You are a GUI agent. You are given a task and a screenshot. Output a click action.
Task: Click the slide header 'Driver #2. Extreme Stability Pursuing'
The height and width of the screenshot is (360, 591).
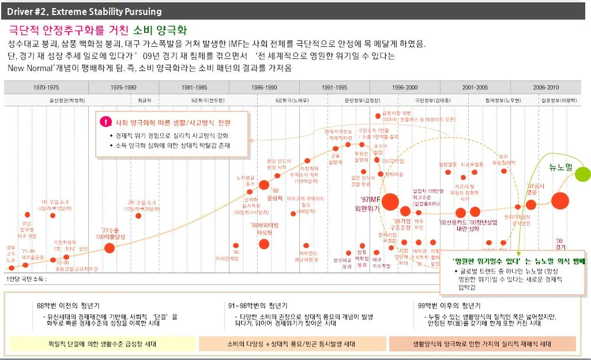tap(85, 12)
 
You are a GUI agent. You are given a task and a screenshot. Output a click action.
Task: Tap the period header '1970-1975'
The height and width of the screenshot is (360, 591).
tap(46, 88)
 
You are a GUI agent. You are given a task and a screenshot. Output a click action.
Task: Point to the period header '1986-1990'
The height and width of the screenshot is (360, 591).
tap(264, 88)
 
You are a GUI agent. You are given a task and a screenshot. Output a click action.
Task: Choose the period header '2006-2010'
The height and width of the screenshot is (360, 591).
tap(545, 88)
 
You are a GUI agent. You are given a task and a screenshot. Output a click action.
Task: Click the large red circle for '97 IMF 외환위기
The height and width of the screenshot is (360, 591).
tap(390, 202)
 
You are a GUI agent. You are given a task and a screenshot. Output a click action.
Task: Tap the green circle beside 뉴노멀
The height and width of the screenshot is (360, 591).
tap(582, 173)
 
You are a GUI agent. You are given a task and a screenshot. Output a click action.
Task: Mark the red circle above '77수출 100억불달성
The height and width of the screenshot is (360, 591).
tap(109, 247)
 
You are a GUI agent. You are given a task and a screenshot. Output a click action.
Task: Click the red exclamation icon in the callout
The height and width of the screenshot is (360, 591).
tap(106, 122)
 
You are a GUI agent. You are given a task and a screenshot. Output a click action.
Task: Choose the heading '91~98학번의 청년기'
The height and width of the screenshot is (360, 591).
tap(258, 305)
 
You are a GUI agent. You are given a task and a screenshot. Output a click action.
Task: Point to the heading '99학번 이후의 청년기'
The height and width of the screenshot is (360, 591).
tap(449, 305)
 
